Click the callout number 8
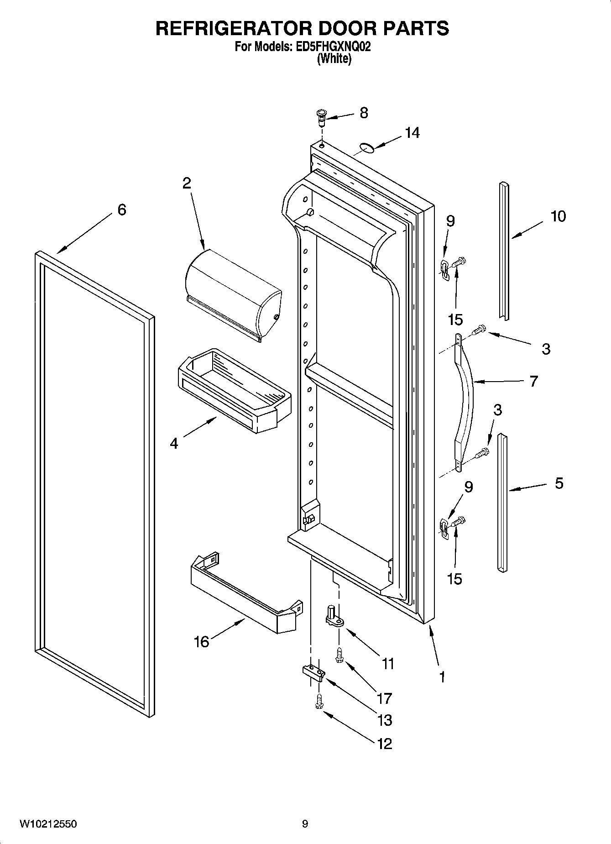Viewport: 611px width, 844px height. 364,113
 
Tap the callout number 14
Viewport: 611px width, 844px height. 412,133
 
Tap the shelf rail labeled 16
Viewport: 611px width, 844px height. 242,593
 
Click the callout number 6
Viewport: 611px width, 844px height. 121,210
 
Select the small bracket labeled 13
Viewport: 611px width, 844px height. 313,672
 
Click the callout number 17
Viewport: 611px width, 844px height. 384,698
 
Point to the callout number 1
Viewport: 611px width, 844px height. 442,676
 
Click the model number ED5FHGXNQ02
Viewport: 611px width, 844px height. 328,47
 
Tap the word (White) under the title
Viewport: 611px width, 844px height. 334,58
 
